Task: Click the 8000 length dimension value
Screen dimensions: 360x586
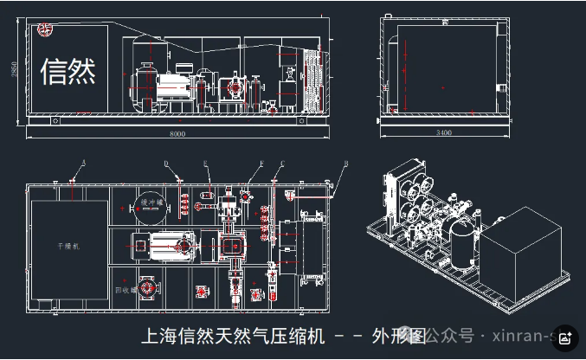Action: pyautogui.click(x=177, y=134)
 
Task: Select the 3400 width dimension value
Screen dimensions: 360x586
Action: pyautogui.click(x=444, y=133)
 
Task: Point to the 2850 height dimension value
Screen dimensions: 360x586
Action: pyautogui.click(x=13, y=69)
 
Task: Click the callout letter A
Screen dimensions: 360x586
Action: pyautogui.click(x=84, y=162)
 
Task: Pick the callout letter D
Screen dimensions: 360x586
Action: pyautogui.click(x=166, y=162)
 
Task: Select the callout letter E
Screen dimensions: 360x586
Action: pyautogui.click(x=205, y=162)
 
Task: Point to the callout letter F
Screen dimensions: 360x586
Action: pyautogui.click(x=261, y=162)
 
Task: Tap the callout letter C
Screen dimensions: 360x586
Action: pyautogui.click(x=283, y=162)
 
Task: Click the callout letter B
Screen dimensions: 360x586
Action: pyautogui.click(x=346, y=162)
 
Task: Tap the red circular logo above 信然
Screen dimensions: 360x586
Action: pyautogui.click(x=44, y=30)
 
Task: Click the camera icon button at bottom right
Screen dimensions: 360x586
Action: pyautogui.click(x=564, y=338)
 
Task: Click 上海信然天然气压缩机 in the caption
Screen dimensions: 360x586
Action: pyautogui.click(x=233, y=336)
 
